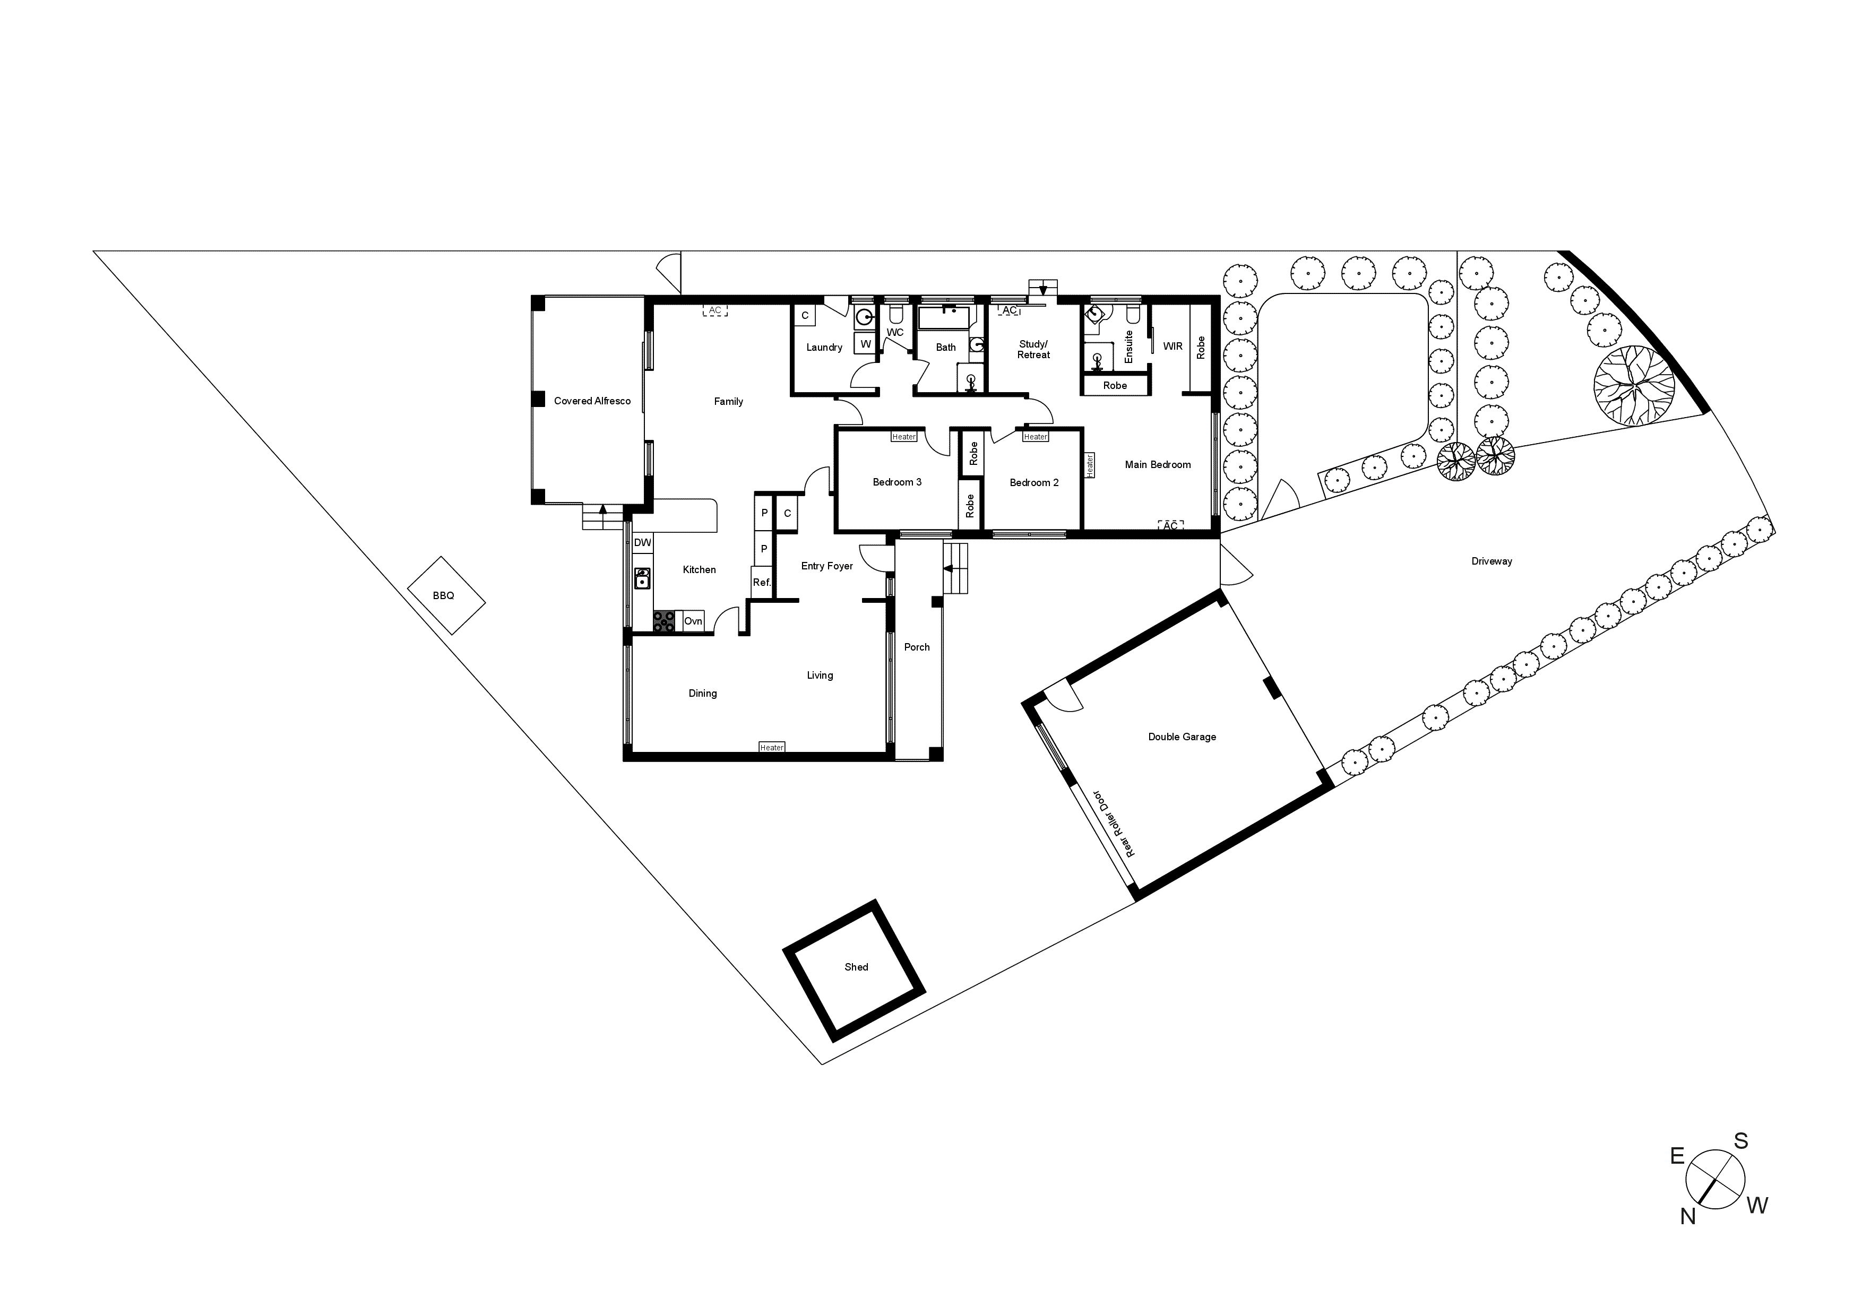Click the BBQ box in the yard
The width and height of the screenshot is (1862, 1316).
[x=445, y=596]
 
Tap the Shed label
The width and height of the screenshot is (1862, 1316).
[x=856, y=967]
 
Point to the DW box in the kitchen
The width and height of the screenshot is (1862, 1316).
[x=642, y=542]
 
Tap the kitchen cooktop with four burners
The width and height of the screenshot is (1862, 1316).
[x=664, y=621]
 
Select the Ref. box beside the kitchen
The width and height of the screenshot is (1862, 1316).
[x=762, y=582]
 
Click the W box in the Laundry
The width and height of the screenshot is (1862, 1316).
[x=865, y=344]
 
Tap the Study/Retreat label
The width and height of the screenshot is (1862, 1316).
[x=1033, y=350]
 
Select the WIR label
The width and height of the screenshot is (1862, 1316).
[x=1172, y=346]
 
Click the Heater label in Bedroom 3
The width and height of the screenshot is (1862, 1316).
[x=903, y=437]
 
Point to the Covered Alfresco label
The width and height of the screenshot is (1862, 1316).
[x=592, y=401]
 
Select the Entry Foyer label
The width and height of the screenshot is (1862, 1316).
[x=826, y=566]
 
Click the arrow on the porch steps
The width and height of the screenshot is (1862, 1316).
[x=948, y=569]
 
